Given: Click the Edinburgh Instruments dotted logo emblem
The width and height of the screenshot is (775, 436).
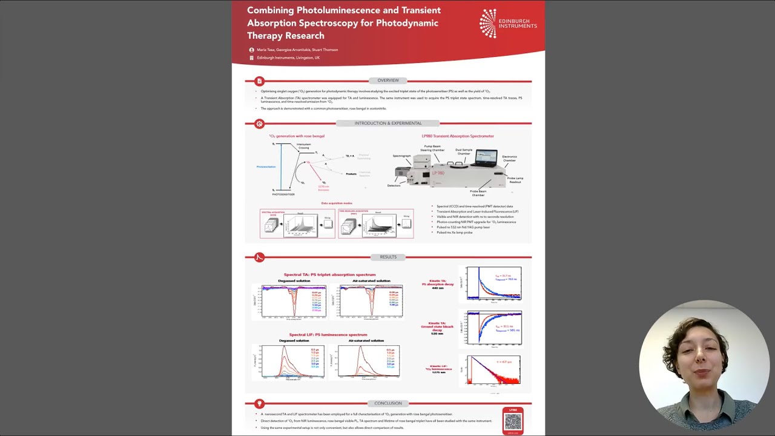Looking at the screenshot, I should [x=488, y=23].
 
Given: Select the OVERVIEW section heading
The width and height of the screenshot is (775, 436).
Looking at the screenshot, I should [x=388, y=81].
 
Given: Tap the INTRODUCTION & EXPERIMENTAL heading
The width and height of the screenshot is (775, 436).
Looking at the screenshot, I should [x=388, y=124].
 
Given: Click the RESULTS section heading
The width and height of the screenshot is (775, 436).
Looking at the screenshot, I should [x=388, y=257].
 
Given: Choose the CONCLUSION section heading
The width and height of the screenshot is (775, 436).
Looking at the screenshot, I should [x=388, y=403].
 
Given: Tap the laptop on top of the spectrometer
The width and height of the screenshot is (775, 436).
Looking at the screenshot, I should [x=486, y=159].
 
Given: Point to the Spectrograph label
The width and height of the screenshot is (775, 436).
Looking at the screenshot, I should [x=401, y=156].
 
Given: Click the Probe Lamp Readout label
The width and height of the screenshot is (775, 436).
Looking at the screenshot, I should [x=515, y=180].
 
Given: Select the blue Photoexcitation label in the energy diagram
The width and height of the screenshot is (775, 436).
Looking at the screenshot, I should [x=266, y=167].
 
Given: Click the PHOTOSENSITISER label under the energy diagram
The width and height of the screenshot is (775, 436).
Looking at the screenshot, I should [x=283, y=194].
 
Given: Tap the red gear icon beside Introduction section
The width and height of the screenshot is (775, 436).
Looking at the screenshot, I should [x=259, y=124].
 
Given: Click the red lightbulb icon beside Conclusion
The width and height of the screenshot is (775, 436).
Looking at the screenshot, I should [x=259, y=403].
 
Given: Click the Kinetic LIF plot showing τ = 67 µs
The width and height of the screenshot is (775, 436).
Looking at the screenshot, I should [x=493, y=370].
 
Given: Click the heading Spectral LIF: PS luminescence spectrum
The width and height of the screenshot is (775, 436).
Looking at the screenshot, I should [x=328, y=335].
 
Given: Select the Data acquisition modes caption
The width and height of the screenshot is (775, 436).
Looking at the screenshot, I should [x=336, y=203].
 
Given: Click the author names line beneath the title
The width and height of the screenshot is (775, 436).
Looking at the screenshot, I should [x=297, y=50].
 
